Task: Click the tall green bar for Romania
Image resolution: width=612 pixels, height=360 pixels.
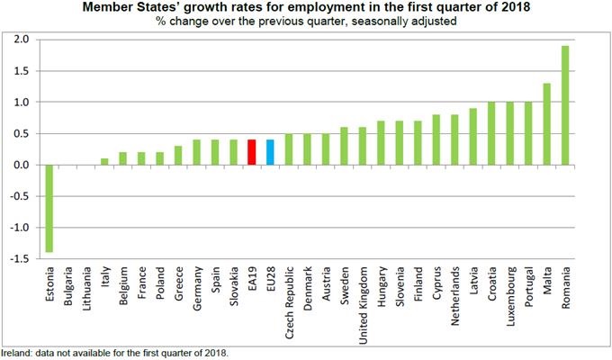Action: tap(565, 105)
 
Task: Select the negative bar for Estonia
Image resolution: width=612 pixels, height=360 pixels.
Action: tap(48, 208)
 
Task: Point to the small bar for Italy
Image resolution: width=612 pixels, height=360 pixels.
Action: tap(104, 162)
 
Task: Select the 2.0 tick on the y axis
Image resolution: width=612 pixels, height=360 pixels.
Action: tap(20, 40)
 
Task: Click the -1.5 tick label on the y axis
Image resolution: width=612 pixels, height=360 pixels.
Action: tap(18, 258)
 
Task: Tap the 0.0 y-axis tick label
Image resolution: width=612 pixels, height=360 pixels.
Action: tap(20, 165)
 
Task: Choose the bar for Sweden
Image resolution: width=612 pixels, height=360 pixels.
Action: tap(344, 146)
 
